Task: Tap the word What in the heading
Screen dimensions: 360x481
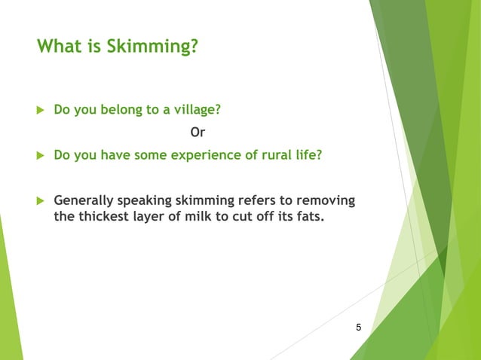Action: pos(60,47)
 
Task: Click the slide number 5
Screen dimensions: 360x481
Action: pos(358,327)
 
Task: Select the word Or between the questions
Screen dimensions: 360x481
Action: pos(198,133)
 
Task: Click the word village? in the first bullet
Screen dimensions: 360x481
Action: pos(195,110)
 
